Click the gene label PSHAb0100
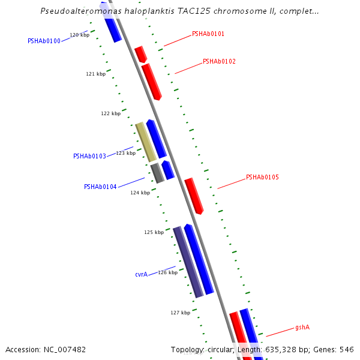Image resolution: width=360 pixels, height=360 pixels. coord(44,41)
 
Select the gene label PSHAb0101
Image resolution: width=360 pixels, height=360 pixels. coord(208,34)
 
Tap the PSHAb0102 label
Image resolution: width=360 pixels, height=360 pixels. coord(219,61)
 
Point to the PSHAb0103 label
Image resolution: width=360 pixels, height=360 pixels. coord(89,156)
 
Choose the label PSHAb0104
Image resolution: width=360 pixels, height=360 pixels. coord(100,187)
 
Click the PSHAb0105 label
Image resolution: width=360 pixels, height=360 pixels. coord(262,177)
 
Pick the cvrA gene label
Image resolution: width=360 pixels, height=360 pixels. coord(141,274)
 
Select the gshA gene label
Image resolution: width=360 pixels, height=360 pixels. coord(302,328)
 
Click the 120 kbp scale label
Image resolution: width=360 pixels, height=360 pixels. coord(79,35)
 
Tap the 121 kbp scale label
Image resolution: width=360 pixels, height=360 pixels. coord(95,74)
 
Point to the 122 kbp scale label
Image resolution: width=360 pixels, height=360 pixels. coord(110,113)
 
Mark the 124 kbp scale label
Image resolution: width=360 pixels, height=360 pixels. coord(140,193)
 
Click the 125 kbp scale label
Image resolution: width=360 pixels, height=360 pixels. coord(154,232)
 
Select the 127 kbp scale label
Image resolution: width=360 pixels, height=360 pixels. coord(180,313)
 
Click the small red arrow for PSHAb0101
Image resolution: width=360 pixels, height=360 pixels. coord(140,54)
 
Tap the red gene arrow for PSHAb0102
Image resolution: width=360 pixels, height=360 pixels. coord(151,82)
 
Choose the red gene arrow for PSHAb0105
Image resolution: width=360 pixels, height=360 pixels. coord(194,196)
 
